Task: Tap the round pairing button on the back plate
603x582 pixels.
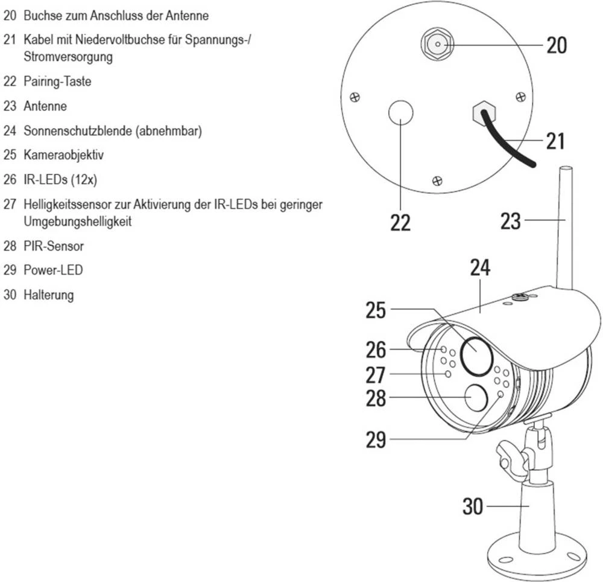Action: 400,113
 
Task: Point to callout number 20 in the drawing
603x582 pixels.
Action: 557,45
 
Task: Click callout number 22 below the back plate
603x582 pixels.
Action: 400,222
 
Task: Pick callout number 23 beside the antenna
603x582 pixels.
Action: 510,221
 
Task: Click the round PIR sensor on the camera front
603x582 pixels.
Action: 476,398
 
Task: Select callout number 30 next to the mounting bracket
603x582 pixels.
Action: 473,506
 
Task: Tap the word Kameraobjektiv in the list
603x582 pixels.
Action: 64,155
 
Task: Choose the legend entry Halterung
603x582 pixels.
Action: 48,295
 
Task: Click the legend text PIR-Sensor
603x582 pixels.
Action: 54,246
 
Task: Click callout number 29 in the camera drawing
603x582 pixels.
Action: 376,440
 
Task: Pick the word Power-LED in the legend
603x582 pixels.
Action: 53,270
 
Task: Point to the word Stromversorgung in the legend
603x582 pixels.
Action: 68,57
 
